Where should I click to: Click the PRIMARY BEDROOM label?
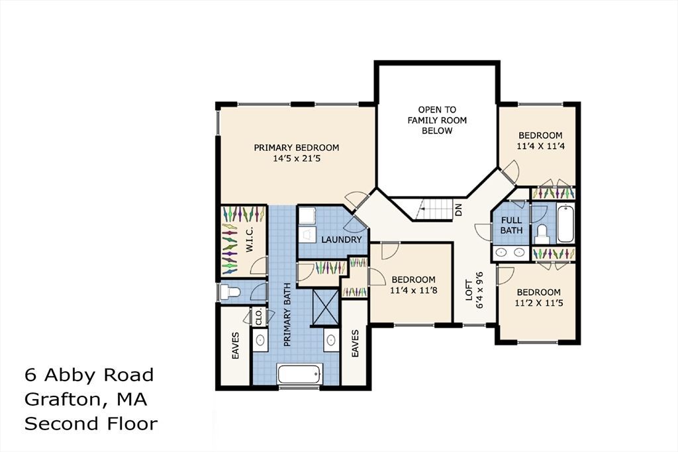coord(296,148)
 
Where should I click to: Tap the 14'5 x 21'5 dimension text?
coord(297,159)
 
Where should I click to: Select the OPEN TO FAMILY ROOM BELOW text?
coord(437,120)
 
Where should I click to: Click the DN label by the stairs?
coord(459,210)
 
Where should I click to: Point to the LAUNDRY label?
coord(341,240)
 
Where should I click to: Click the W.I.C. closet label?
coord(250,240)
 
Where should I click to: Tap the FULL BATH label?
coord(512,225)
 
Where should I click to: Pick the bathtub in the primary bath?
coord(300,374)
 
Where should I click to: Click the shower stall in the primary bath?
coord(326,306)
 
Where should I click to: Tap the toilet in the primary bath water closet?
coord(230,292)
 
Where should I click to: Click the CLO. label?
coord(259,317)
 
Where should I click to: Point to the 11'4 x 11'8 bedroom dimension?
coord(413,291)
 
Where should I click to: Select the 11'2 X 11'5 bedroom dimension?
coord(539,303)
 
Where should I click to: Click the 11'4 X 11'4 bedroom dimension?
coord(540,146)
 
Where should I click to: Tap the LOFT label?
coord(469,290)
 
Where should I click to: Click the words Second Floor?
coord(91,424)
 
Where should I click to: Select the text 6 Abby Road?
coord(89,375)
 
